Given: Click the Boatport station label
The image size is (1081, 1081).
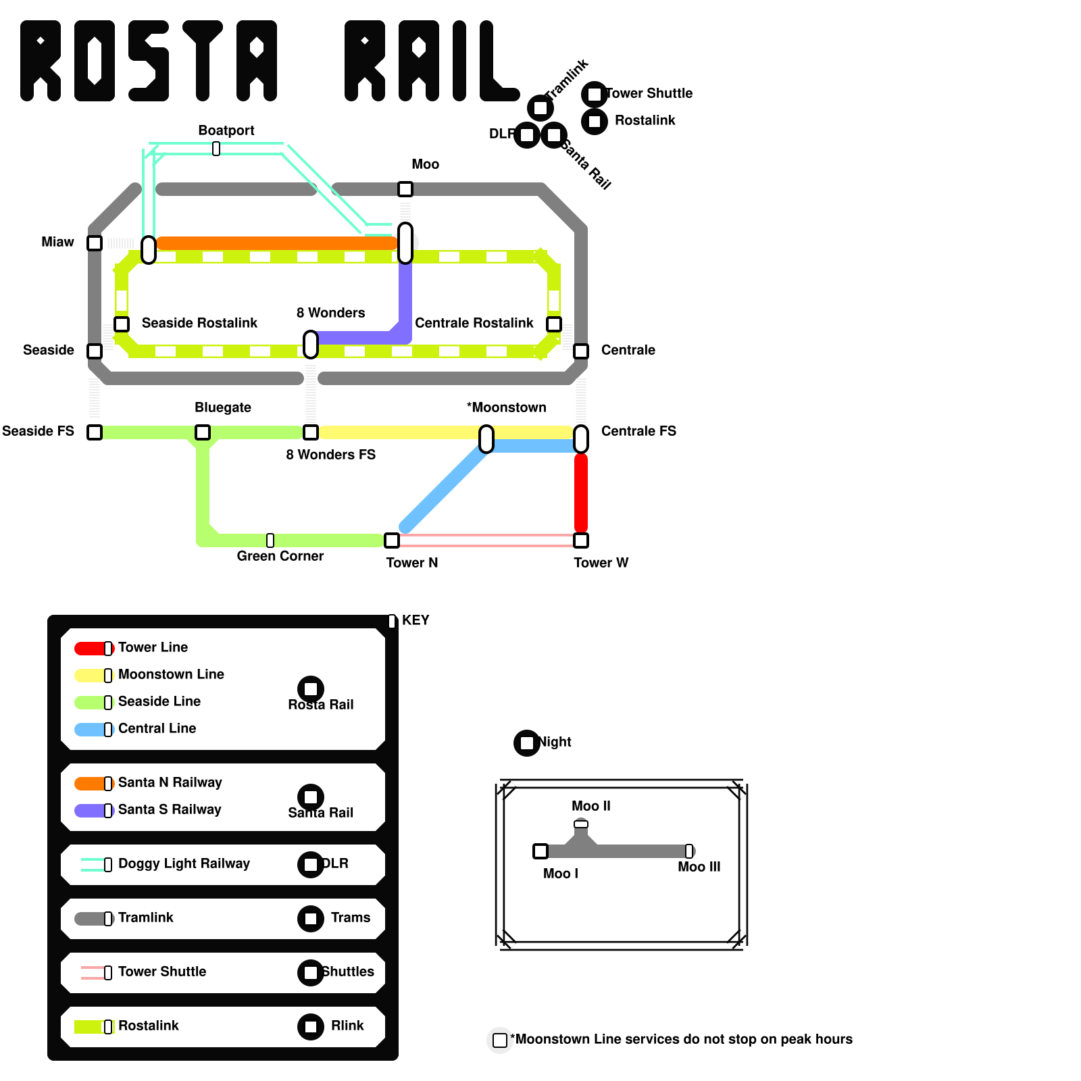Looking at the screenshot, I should pos(226,130).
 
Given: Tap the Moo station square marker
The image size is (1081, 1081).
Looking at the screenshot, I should pos(405,189).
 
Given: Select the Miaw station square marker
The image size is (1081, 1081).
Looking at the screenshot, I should pos(95,243).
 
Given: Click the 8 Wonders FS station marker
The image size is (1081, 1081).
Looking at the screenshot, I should pos(311,432).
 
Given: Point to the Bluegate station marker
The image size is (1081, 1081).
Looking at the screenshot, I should pos(203,432).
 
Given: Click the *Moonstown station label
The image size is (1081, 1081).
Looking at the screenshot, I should pos(506,407).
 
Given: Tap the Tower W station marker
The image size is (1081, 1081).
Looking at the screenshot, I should pos(581,540).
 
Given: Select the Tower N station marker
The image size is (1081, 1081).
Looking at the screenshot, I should pos(392,540).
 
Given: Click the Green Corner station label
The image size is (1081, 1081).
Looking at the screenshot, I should pos(280,556).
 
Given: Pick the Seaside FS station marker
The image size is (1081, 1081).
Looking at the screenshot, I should pos(95,432).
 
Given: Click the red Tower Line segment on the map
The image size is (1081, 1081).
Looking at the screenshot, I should pos(581,493).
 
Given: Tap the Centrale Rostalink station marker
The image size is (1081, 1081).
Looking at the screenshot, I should pos(554,324).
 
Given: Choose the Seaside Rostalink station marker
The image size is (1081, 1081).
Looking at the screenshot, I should pos(122,324).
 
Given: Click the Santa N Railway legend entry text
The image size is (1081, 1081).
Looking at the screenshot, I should pos(170,782).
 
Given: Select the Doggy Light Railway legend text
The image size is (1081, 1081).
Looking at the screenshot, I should pos(184,863).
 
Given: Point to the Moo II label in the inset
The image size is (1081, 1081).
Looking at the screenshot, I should pos(590,806).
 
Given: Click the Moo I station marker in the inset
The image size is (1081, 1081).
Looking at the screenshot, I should pos(540,851).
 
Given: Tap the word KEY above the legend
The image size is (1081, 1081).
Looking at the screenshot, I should pos(415,620).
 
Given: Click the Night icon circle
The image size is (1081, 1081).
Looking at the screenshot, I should pos(527,743).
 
